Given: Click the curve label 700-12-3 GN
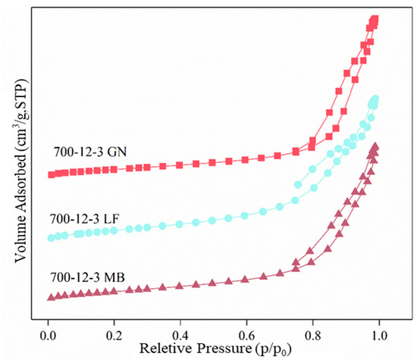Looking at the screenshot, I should (89, 151).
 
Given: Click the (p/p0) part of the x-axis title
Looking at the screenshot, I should (263, 349).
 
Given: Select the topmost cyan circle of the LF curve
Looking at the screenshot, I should (375, 99).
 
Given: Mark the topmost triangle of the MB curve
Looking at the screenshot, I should (375, 146).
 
